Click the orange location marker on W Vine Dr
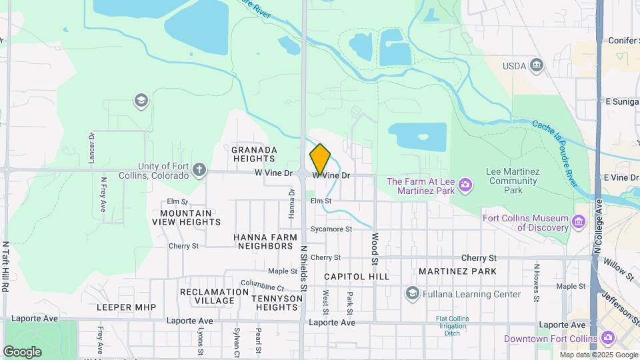tap(320, 160)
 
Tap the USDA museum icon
tap(537, 65)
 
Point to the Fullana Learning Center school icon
tap(412, 293)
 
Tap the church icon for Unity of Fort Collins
tap(199, 169)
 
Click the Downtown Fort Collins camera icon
tap(607, 339)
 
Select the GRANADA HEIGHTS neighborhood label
tap(254, 154)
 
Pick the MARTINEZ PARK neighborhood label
tap(457, 271)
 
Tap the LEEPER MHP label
tap(126, 307)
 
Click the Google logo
tap(22, 351)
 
